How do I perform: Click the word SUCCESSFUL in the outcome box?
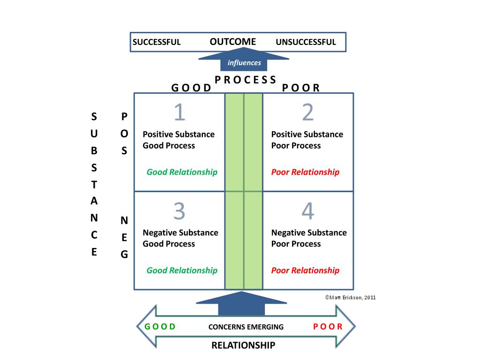click(157, 42)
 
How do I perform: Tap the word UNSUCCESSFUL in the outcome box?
click(306, 42)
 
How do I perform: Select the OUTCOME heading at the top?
click(232, 42)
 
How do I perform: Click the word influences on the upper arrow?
click(244, 63)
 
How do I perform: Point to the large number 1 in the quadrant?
click(180, 112)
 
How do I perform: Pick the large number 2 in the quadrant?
click(307, 112)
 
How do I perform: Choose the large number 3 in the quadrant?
click(180, 211)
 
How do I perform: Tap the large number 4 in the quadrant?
click(307, 211)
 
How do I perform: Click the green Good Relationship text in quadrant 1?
click(182, 172)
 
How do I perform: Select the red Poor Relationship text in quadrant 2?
click(305, 172)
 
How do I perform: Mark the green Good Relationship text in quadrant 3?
click(182, 270)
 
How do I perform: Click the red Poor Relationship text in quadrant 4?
click(305, 270)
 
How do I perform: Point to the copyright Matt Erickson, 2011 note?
click(350, 297)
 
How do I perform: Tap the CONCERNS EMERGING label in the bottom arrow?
click(246, 327)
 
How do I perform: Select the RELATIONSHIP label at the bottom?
click(243, 346)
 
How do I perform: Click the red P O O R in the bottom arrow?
click(328, 327)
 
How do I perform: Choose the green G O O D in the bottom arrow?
click(160, 327)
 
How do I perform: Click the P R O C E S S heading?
click(245, 80)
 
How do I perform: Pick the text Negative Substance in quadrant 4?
click(309, 233)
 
